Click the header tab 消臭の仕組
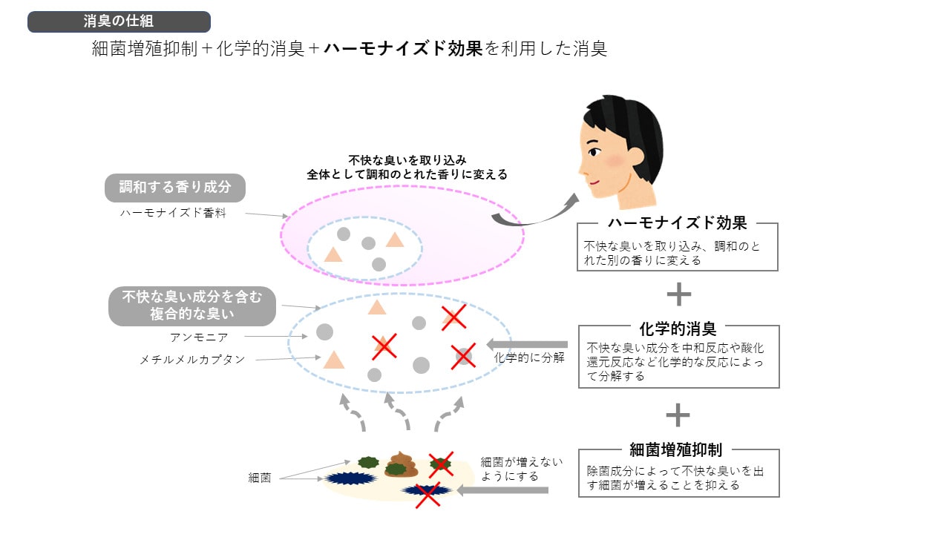point(119,22)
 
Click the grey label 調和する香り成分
point(175,188)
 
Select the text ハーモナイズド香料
point(173,212)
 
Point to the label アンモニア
point(199,337)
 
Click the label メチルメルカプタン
point(192,359)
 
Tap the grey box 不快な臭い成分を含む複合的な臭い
point(192,306)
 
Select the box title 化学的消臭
point(678,327)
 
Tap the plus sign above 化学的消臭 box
point(678,294)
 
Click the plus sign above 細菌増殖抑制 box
point(678,415)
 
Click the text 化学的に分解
point(529,357)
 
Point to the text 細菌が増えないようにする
point(520,469)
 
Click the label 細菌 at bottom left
point(260,478)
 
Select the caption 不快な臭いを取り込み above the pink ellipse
point(407,160)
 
